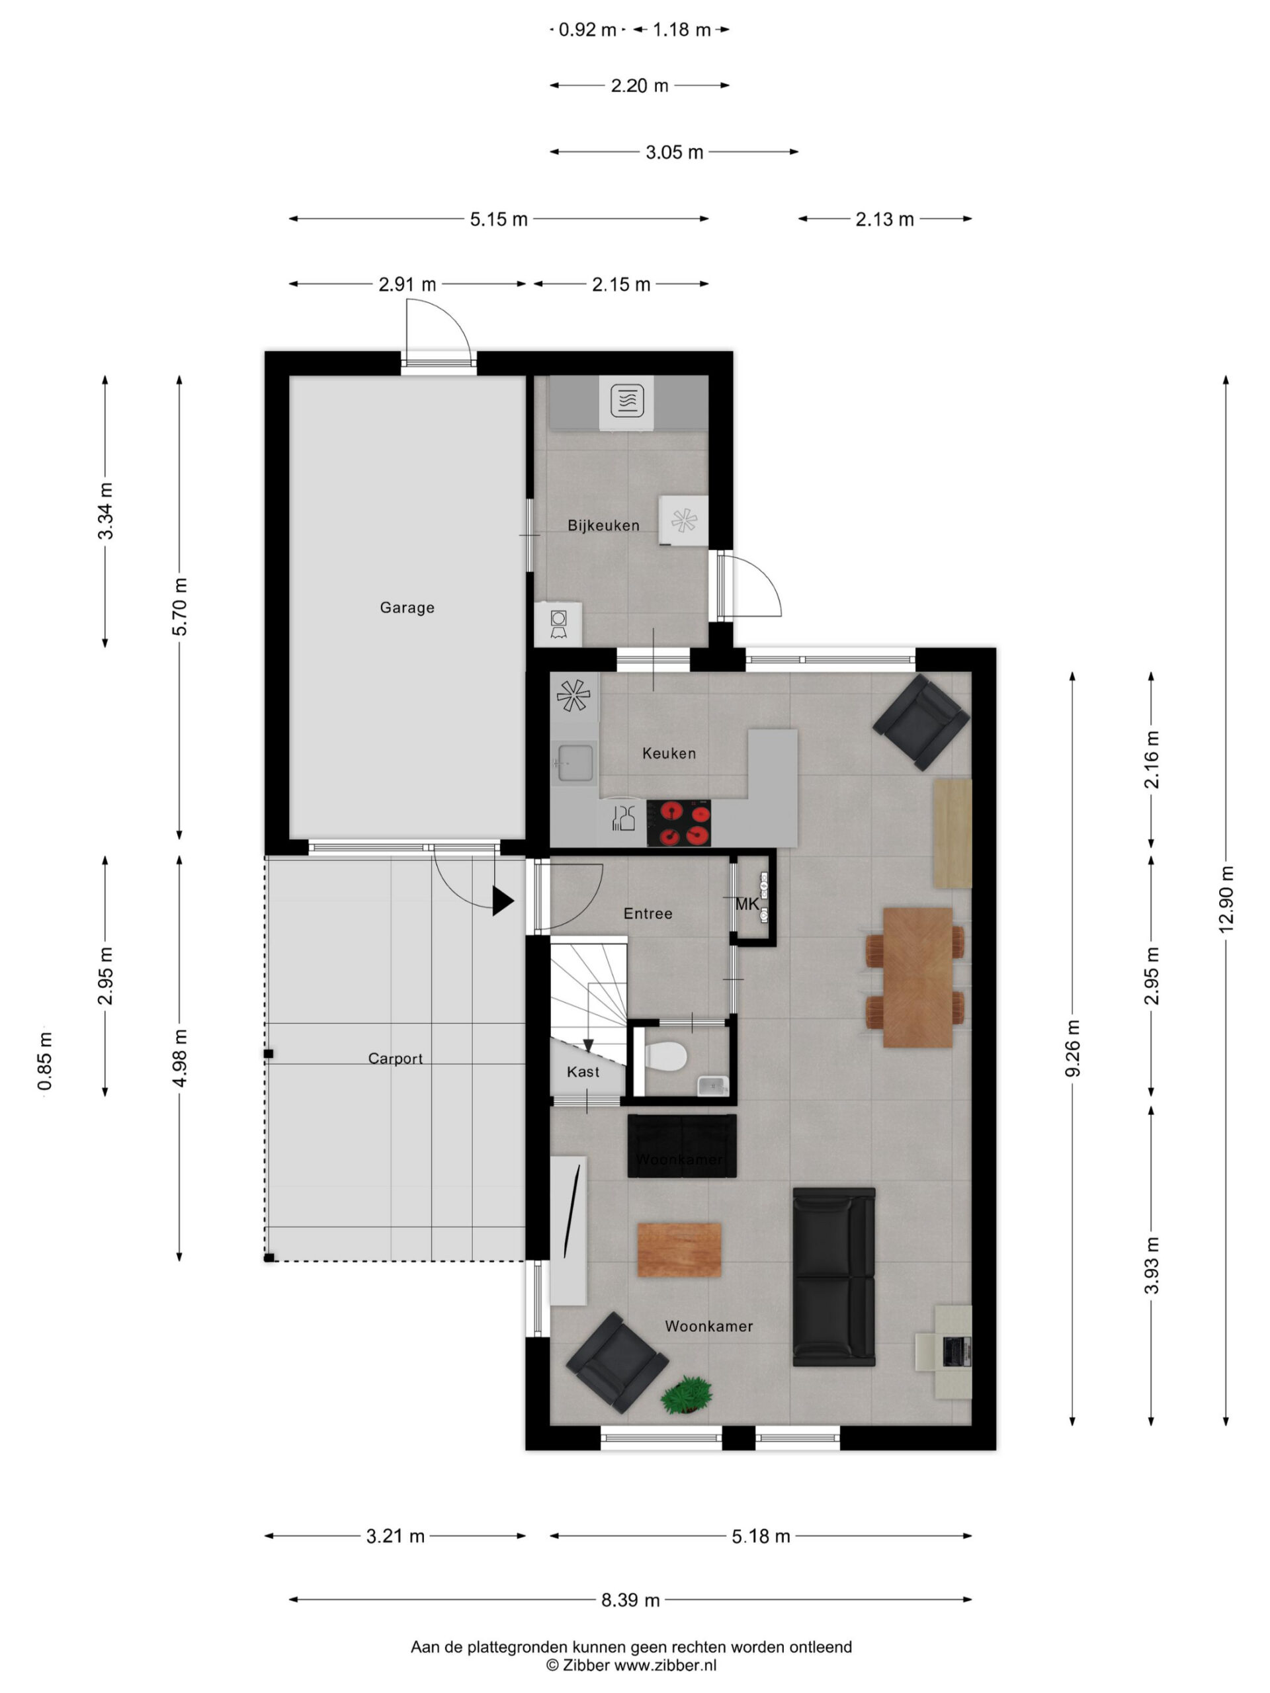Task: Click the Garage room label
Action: tap(407, 608)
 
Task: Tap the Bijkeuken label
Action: tap(603, 526)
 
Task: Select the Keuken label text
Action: tap(669, 753)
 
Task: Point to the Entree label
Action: tap(648, 913)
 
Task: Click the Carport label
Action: tap(395, 1059)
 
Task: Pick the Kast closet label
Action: tap(583, 1071)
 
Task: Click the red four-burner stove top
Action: tap(678, 823)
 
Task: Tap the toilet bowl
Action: tap(665, 1057)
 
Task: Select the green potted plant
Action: tap(687, 1395)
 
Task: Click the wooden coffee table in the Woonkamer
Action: tap(679, 1250)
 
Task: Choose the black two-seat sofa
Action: tap(833, 1276)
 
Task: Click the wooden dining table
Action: tap(917, 977)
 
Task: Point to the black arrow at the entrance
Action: tap(502, 901)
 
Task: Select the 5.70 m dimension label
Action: tap(179, 607)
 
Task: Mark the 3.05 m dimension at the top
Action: tap(673, 152)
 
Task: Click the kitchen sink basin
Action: tap(575, 763)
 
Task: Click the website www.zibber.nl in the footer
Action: tap(665, 1664)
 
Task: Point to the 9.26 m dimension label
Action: tap(1072, 1049)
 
